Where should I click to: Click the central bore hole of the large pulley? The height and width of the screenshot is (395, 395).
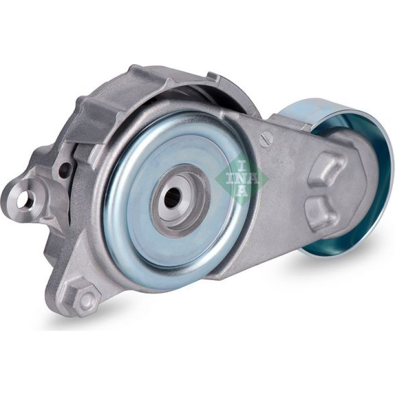click(173, 195)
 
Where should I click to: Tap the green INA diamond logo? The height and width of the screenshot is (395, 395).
click(241, 179)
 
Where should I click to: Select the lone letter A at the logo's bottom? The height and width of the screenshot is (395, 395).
click(242, 191)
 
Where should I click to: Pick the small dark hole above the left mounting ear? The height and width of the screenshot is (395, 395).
click(67, 166)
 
